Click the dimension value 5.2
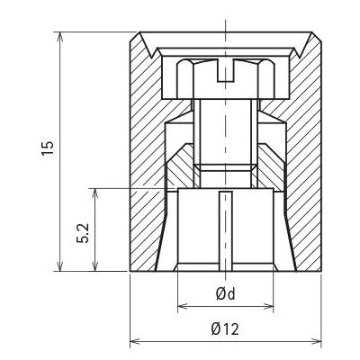point(83,233)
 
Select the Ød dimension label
point(226,294)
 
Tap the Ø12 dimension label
point(225,329)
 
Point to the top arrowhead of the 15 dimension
point(60,38)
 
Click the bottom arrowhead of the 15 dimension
point(60,265)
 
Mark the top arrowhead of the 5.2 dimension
point(95,194)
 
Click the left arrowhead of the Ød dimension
point(184,307)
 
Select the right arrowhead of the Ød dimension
point(267,307)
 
